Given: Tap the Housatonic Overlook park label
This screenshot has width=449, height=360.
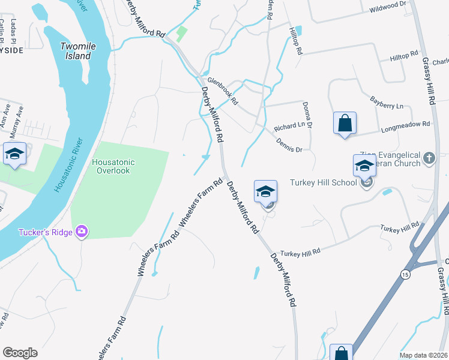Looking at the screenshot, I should (x=113, y=166).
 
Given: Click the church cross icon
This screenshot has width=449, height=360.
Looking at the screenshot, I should (x=429, y=158).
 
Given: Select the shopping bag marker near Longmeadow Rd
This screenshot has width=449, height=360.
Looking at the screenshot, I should (x=345, y=124).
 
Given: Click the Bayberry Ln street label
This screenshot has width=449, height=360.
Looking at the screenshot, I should (x=387, y=102).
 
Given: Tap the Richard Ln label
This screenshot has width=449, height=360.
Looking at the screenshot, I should (x=289, y=127).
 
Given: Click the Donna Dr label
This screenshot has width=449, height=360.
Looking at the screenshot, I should (x=307, y=114).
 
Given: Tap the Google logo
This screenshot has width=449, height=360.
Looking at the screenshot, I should (x=20, y=353).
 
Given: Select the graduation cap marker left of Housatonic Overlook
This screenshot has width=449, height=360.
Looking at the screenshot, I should (x=14, y=154).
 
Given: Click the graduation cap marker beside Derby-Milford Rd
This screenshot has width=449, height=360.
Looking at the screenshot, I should (x=265, y=192).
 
